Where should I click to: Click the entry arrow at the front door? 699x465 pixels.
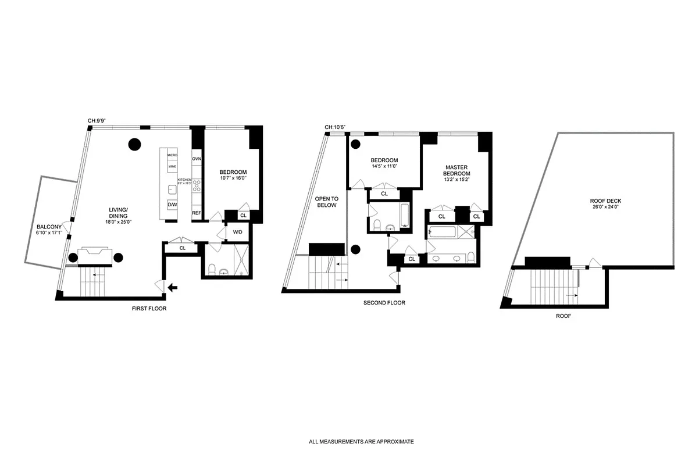point(172,287)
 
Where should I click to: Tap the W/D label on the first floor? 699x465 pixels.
point(237,233)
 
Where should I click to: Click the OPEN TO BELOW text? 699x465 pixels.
point(326,201)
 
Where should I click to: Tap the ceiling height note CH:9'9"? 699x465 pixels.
point(97,121)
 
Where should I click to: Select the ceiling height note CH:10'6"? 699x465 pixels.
point(336,127)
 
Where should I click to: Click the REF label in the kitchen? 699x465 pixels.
point(197,213)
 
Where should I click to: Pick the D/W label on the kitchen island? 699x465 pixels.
point(172,204)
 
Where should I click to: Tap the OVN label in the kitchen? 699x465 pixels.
point(197,159)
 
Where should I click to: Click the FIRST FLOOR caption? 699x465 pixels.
point(149,309)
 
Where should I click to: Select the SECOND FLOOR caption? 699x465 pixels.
point(384,303)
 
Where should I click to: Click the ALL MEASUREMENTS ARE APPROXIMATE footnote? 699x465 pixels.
point(361,442)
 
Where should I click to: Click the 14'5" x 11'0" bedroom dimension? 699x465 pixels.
point(384,166)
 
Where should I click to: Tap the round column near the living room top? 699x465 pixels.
point(135,144)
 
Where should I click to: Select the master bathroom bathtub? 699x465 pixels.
point(443,231)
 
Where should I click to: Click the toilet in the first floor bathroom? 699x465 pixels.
point(212,270)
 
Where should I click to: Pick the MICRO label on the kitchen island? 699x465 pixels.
point(172,155)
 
